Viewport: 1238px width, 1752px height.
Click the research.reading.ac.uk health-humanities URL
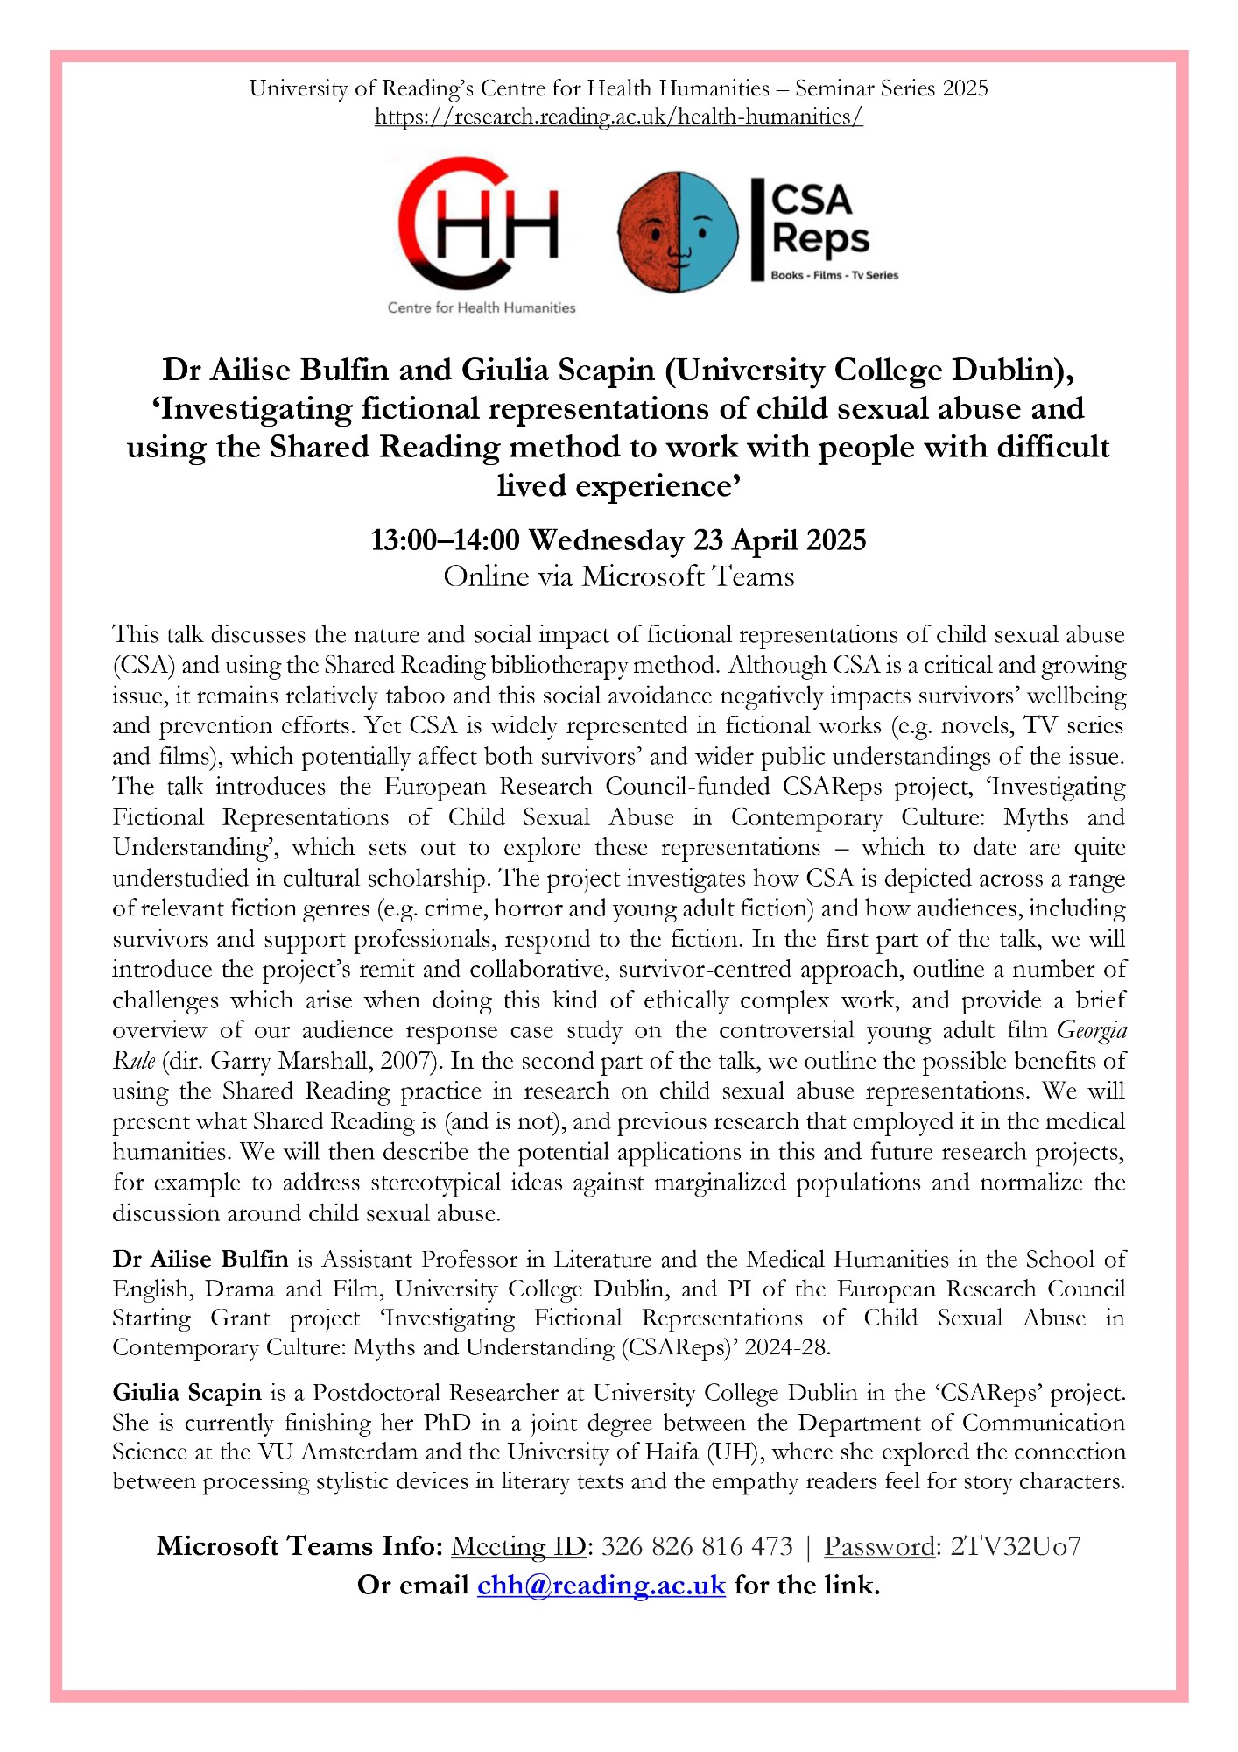[x=618, y=117]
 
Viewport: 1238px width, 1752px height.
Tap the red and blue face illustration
[x=678, y=232]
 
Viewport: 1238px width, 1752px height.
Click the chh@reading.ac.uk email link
[x=601, y=1585]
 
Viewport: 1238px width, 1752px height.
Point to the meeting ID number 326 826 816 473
[x=697, y=1546]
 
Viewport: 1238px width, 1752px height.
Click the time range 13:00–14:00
[x=445, y=540]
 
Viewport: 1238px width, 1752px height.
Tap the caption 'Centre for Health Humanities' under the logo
[x=482, y=307]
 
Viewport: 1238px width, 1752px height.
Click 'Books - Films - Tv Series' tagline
[x=834, y=275]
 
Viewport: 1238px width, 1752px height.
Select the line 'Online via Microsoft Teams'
[x=618, y=576]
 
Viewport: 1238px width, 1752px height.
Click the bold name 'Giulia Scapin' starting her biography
[x=186, y=1393]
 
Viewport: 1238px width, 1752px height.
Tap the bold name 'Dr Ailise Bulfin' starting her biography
[x=200, y=1260]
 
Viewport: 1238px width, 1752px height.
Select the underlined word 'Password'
[x=879, y=1546]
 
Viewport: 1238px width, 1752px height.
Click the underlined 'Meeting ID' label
[x=518, y=1546]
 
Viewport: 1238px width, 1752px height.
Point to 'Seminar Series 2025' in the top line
[x=891, y=88]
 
